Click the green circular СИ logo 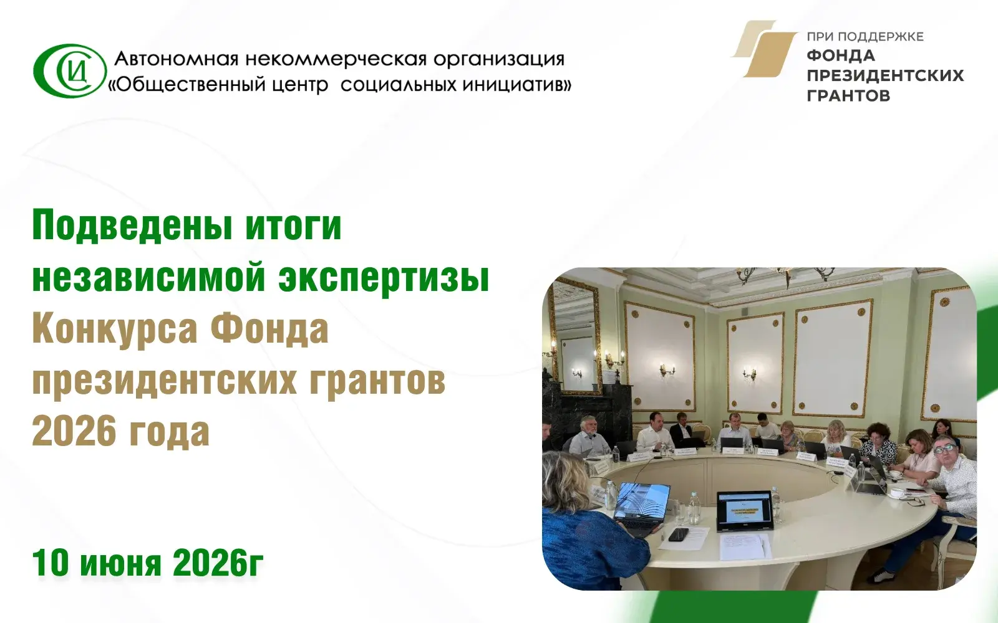point(70,70)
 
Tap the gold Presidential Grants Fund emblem point(763,49)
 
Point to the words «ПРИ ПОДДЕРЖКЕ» point(865,37)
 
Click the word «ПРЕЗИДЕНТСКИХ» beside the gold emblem point(885,75)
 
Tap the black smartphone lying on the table point(678,534)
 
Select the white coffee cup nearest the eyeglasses point(896,493)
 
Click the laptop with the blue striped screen point(641,507)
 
